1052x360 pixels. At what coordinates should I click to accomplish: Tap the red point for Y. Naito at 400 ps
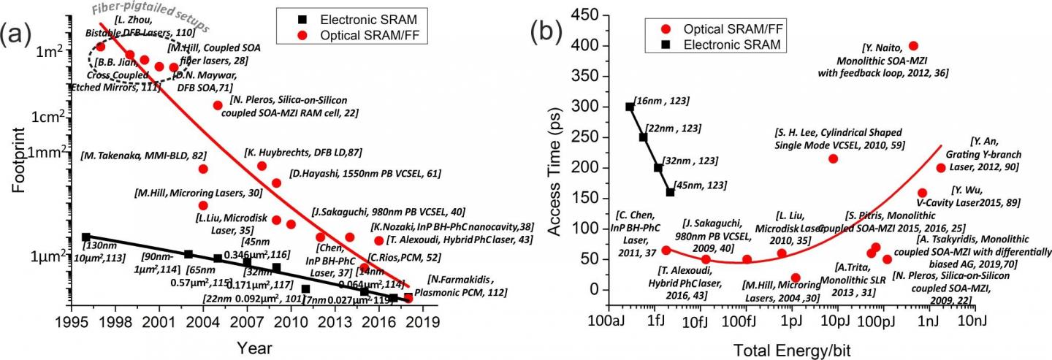[913, 45]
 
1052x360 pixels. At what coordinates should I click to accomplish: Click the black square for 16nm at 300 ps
[630, 107]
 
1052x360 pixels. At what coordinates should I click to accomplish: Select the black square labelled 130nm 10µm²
[85, 237]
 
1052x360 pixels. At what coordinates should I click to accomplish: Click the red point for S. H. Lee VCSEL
[833, 158]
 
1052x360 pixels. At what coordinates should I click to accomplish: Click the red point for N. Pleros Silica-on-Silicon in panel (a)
[217, 105]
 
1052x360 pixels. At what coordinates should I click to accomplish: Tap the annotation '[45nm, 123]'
[699, 185]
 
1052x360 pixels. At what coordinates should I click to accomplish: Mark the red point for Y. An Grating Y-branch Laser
[941, 168]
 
